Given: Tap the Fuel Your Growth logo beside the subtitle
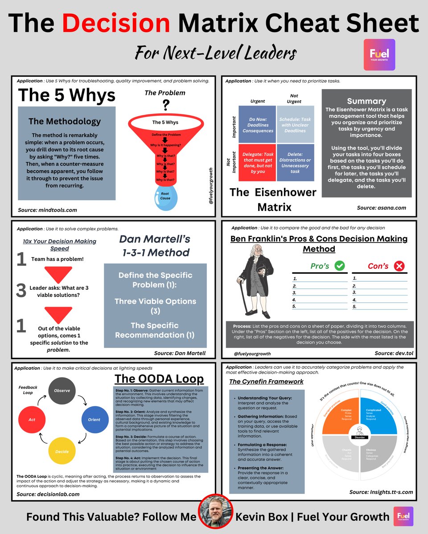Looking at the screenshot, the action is (x=379, y=54).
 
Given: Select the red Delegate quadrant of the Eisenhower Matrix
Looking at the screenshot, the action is (x=256, y=162).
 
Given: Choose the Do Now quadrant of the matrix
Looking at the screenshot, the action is (x=256, y=125).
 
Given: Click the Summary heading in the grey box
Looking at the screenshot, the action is (x=366, y=101).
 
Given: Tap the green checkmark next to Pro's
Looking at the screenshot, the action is (x=339, y=266).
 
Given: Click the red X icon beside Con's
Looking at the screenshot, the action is (x=399, y=266).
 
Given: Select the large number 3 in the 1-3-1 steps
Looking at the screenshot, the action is (x=21, y=291).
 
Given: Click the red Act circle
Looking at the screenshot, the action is (x=32, y=419).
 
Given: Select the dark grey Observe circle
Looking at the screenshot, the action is (x=62, y=390).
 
